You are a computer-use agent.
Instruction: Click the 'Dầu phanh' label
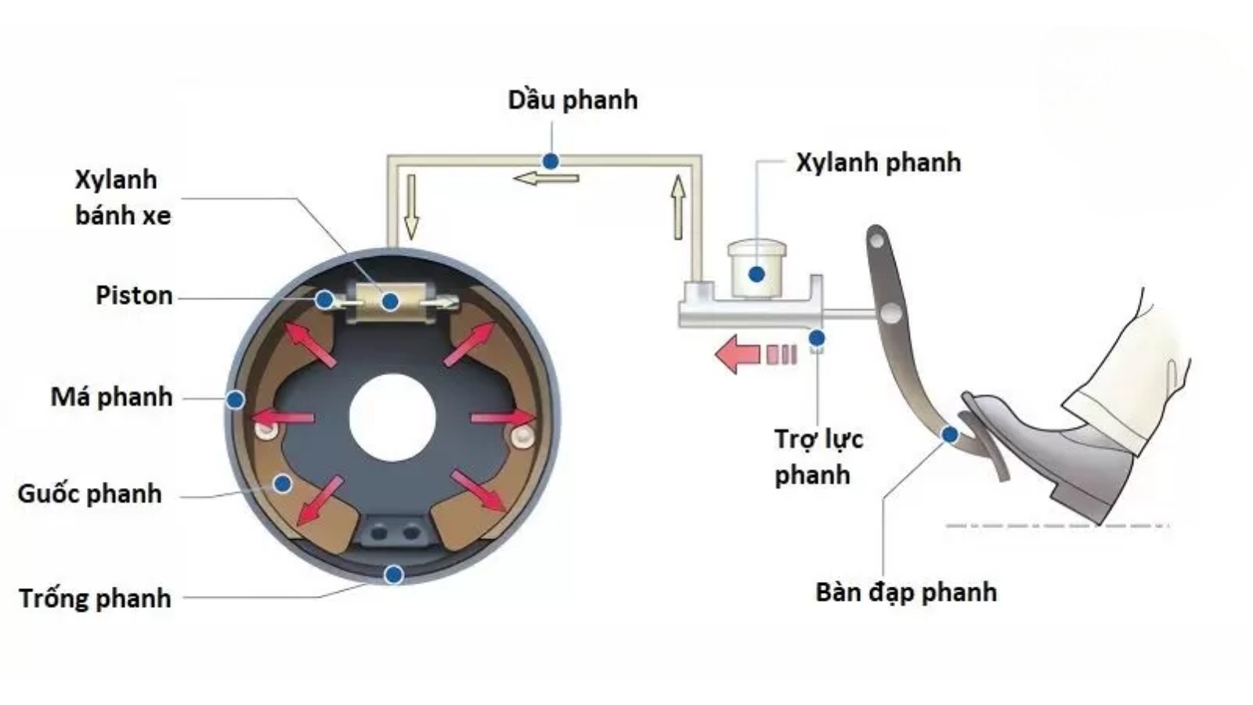572,100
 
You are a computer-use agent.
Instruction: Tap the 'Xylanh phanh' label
878,163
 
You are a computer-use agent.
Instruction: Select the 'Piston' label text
134,295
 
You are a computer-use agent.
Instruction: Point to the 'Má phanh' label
111,397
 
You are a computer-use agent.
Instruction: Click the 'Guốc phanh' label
89,493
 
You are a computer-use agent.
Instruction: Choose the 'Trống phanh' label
95,598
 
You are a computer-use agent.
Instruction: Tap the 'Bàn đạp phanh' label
906,592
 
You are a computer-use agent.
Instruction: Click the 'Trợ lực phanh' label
818,457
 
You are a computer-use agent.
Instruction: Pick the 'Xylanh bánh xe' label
122,197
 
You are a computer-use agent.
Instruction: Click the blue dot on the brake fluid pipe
551,161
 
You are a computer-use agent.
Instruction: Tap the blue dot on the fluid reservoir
756,274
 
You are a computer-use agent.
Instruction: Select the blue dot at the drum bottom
394,575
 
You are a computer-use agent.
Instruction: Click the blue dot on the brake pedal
950,434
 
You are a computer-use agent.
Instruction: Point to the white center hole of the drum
392,417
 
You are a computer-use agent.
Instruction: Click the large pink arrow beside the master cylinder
738,353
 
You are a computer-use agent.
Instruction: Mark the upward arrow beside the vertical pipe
678,207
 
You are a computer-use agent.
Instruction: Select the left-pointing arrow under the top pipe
546,179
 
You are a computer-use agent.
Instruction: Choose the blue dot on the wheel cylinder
390,301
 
